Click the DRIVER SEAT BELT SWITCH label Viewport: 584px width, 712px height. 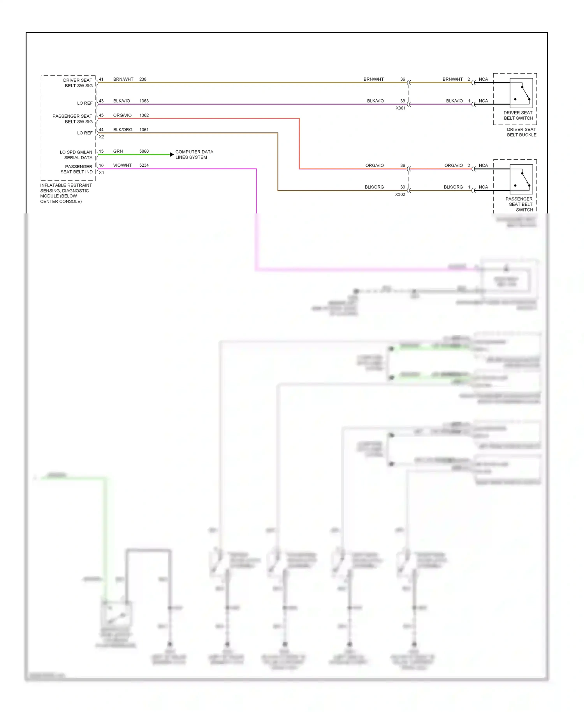click(x=518, y=115)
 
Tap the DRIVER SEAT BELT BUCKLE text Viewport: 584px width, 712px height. click(x=521, y=132)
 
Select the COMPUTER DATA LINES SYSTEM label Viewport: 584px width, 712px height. click(x=194, y=154)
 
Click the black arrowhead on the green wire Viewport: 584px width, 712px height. click(x=172, y=155)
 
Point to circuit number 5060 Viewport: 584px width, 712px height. click(x=144, y=151)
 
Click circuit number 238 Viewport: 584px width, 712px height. click(x=143, y=79)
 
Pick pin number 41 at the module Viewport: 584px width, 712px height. click(x=101, y=79)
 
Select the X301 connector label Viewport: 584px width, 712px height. click(x=400, y=108)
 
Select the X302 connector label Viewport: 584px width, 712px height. click(x=400, y=194)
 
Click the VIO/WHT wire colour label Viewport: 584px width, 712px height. click(x=122, y=165)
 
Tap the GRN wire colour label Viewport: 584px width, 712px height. click(x=118, y=151)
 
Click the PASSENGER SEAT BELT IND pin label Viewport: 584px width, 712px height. click(x=77, y=169)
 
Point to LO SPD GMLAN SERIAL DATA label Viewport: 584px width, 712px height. click(x=77, y=155)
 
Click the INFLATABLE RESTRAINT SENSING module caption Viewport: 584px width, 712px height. click(x=66, y=193)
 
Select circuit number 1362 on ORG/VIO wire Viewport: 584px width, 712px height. click(x=144, y=115)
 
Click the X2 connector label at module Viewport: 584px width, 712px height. click(x=102, y=137)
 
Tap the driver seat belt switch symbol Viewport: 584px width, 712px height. click(x=521, y=93)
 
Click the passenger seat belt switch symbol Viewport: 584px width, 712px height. click(x=521, y=180)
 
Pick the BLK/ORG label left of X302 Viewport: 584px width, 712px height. click(x=374, y=187)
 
